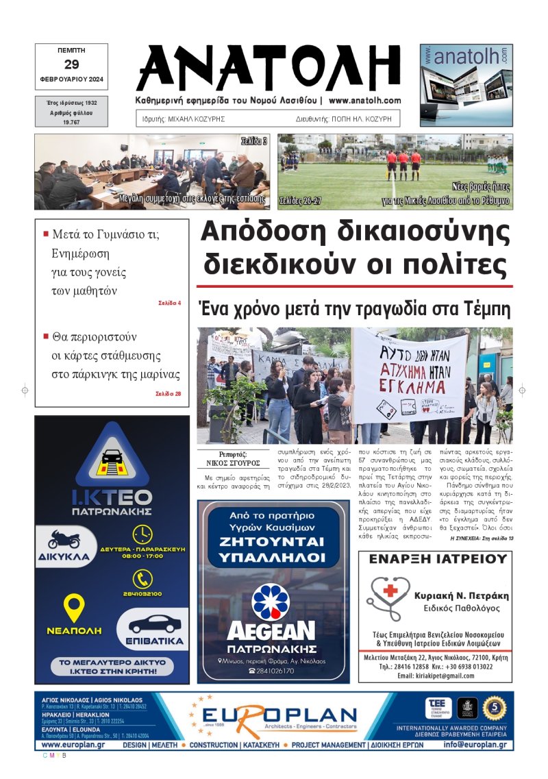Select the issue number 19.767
(71, 121)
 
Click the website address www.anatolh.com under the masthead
(364, 101)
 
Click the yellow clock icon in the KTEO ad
(142, 534)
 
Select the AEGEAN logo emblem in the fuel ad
(271, 602)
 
